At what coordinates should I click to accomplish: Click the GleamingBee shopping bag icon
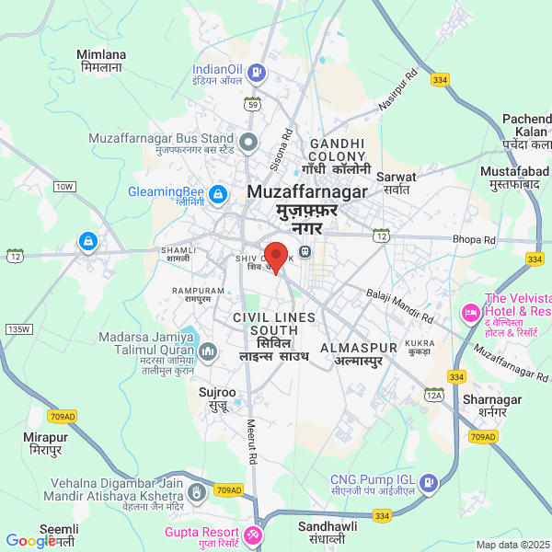218,194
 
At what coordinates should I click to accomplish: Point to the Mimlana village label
102,62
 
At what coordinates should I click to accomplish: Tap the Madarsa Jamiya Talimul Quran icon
207,351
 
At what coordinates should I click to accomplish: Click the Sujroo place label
217,398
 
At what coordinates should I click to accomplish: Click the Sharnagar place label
492,406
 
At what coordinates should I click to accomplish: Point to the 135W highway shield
17,328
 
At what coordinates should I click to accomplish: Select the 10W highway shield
63,187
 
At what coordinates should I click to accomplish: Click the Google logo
30,541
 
